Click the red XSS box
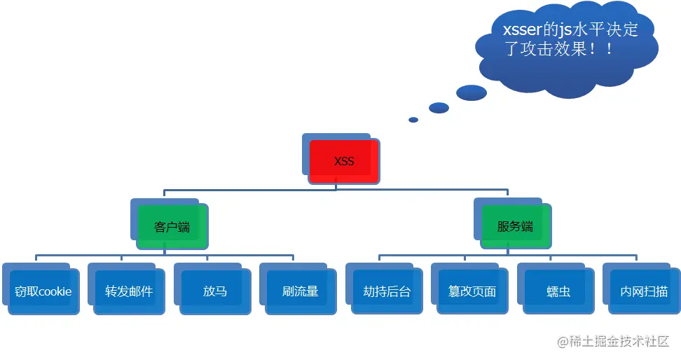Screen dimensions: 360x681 pos(344,161)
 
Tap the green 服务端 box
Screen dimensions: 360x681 pos(515,226)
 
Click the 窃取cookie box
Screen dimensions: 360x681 pos(43,291)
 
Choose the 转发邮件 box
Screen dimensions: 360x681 pos(129,291)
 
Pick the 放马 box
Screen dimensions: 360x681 pos(215,291)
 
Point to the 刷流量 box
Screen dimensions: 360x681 pos(301,291)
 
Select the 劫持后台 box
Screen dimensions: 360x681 pos(387,291)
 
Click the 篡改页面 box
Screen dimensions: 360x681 pos(472,291)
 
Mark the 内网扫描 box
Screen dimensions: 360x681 pos(644,291)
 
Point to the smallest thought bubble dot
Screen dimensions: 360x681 pos(413,120)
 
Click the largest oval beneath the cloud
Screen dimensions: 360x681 pos(471,92)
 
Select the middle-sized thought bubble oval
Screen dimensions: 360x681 pos(439,108)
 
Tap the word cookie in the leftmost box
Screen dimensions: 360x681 pos(55,291)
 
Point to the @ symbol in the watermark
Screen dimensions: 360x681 pos(562,342)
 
